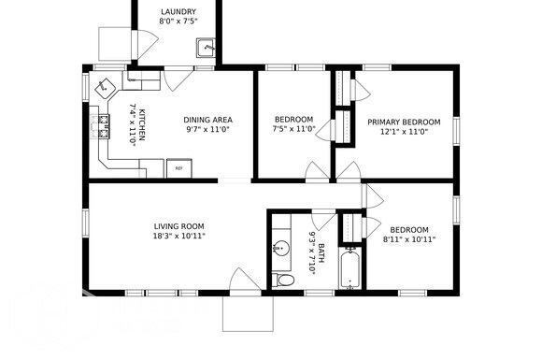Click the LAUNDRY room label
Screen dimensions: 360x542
click(x=178, y=13)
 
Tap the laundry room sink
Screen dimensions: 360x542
click(x=209, y=48)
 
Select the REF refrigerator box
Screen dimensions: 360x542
click(x=178, y=168)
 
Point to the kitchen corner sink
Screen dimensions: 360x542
click(x=106, y=86)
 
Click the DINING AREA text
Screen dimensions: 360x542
click(x=207, y=120)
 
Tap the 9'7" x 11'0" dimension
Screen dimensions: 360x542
click(x=207, y=130)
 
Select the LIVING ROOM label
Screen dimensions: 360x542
click(x=178, y=226)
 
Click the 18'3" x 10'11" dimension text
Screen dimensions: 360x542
click(x=178, y=237)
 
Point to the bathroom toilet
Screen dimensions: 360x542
click(x=284, y=279)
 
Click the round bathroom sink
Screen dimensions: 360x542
click(x=281, y=249)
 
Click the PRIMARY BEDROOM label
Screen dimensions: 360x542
click(x=403, y=122)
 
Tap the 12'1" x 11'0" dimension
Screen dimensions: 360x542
click(x=403, y=132)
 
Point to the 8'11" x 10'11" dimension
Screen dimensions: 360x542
click(x=409, y=239)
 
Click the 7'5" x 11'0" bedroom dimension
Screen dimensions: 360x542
click(x=293, y=130)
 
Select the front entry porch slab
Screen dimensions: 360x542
click(x=247, y=313)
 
